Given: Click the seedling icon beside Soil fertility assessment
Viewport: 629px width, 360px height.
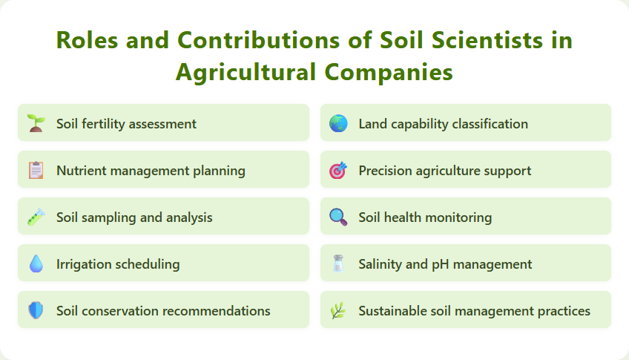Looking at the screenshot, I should pyautogui.click(x=36, y=123).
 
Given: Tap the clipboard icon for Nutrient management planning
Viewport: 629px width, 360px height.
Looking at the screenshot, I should pyautogui.click(x=36, y=170).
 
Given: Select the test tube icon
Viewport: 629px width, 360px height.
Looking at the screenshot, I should pyautogui.click(x=36, y=217).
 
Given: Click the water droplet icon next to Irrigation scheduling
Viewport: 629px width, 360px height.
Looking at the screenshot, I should pyautogui.click(x=36, y=264).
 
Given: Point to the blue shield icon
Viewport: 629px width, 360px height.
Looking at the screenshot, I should pyautogui.click(x=36, y=310).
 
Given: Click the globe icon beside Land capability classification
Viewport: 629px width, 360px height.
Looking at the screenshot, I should pyautogui.click(x=338, y=123).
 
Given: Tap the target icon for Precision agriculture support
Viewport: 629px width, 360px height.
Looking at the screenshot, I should pyautogui.click(x=338, y=170).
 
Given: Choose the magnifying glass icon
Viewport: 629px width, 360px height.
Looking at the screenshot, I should pyautogui.click(x=338, y=217).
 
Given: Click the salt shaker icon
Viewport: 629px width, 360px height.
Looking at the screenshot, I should pyautogui.click(x=338, y=264).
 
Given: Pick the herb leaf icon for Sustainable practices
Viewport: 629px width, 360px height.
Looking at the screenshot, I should pyautogui.click(x=338, y=310).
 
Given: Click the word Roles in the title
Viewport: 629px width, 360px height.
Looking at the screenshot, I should pyautogui.click(x=87, y=40).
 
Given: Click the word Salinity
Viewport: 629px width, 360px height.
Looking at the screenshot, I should pyautogui.click(x=381, y=264).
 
